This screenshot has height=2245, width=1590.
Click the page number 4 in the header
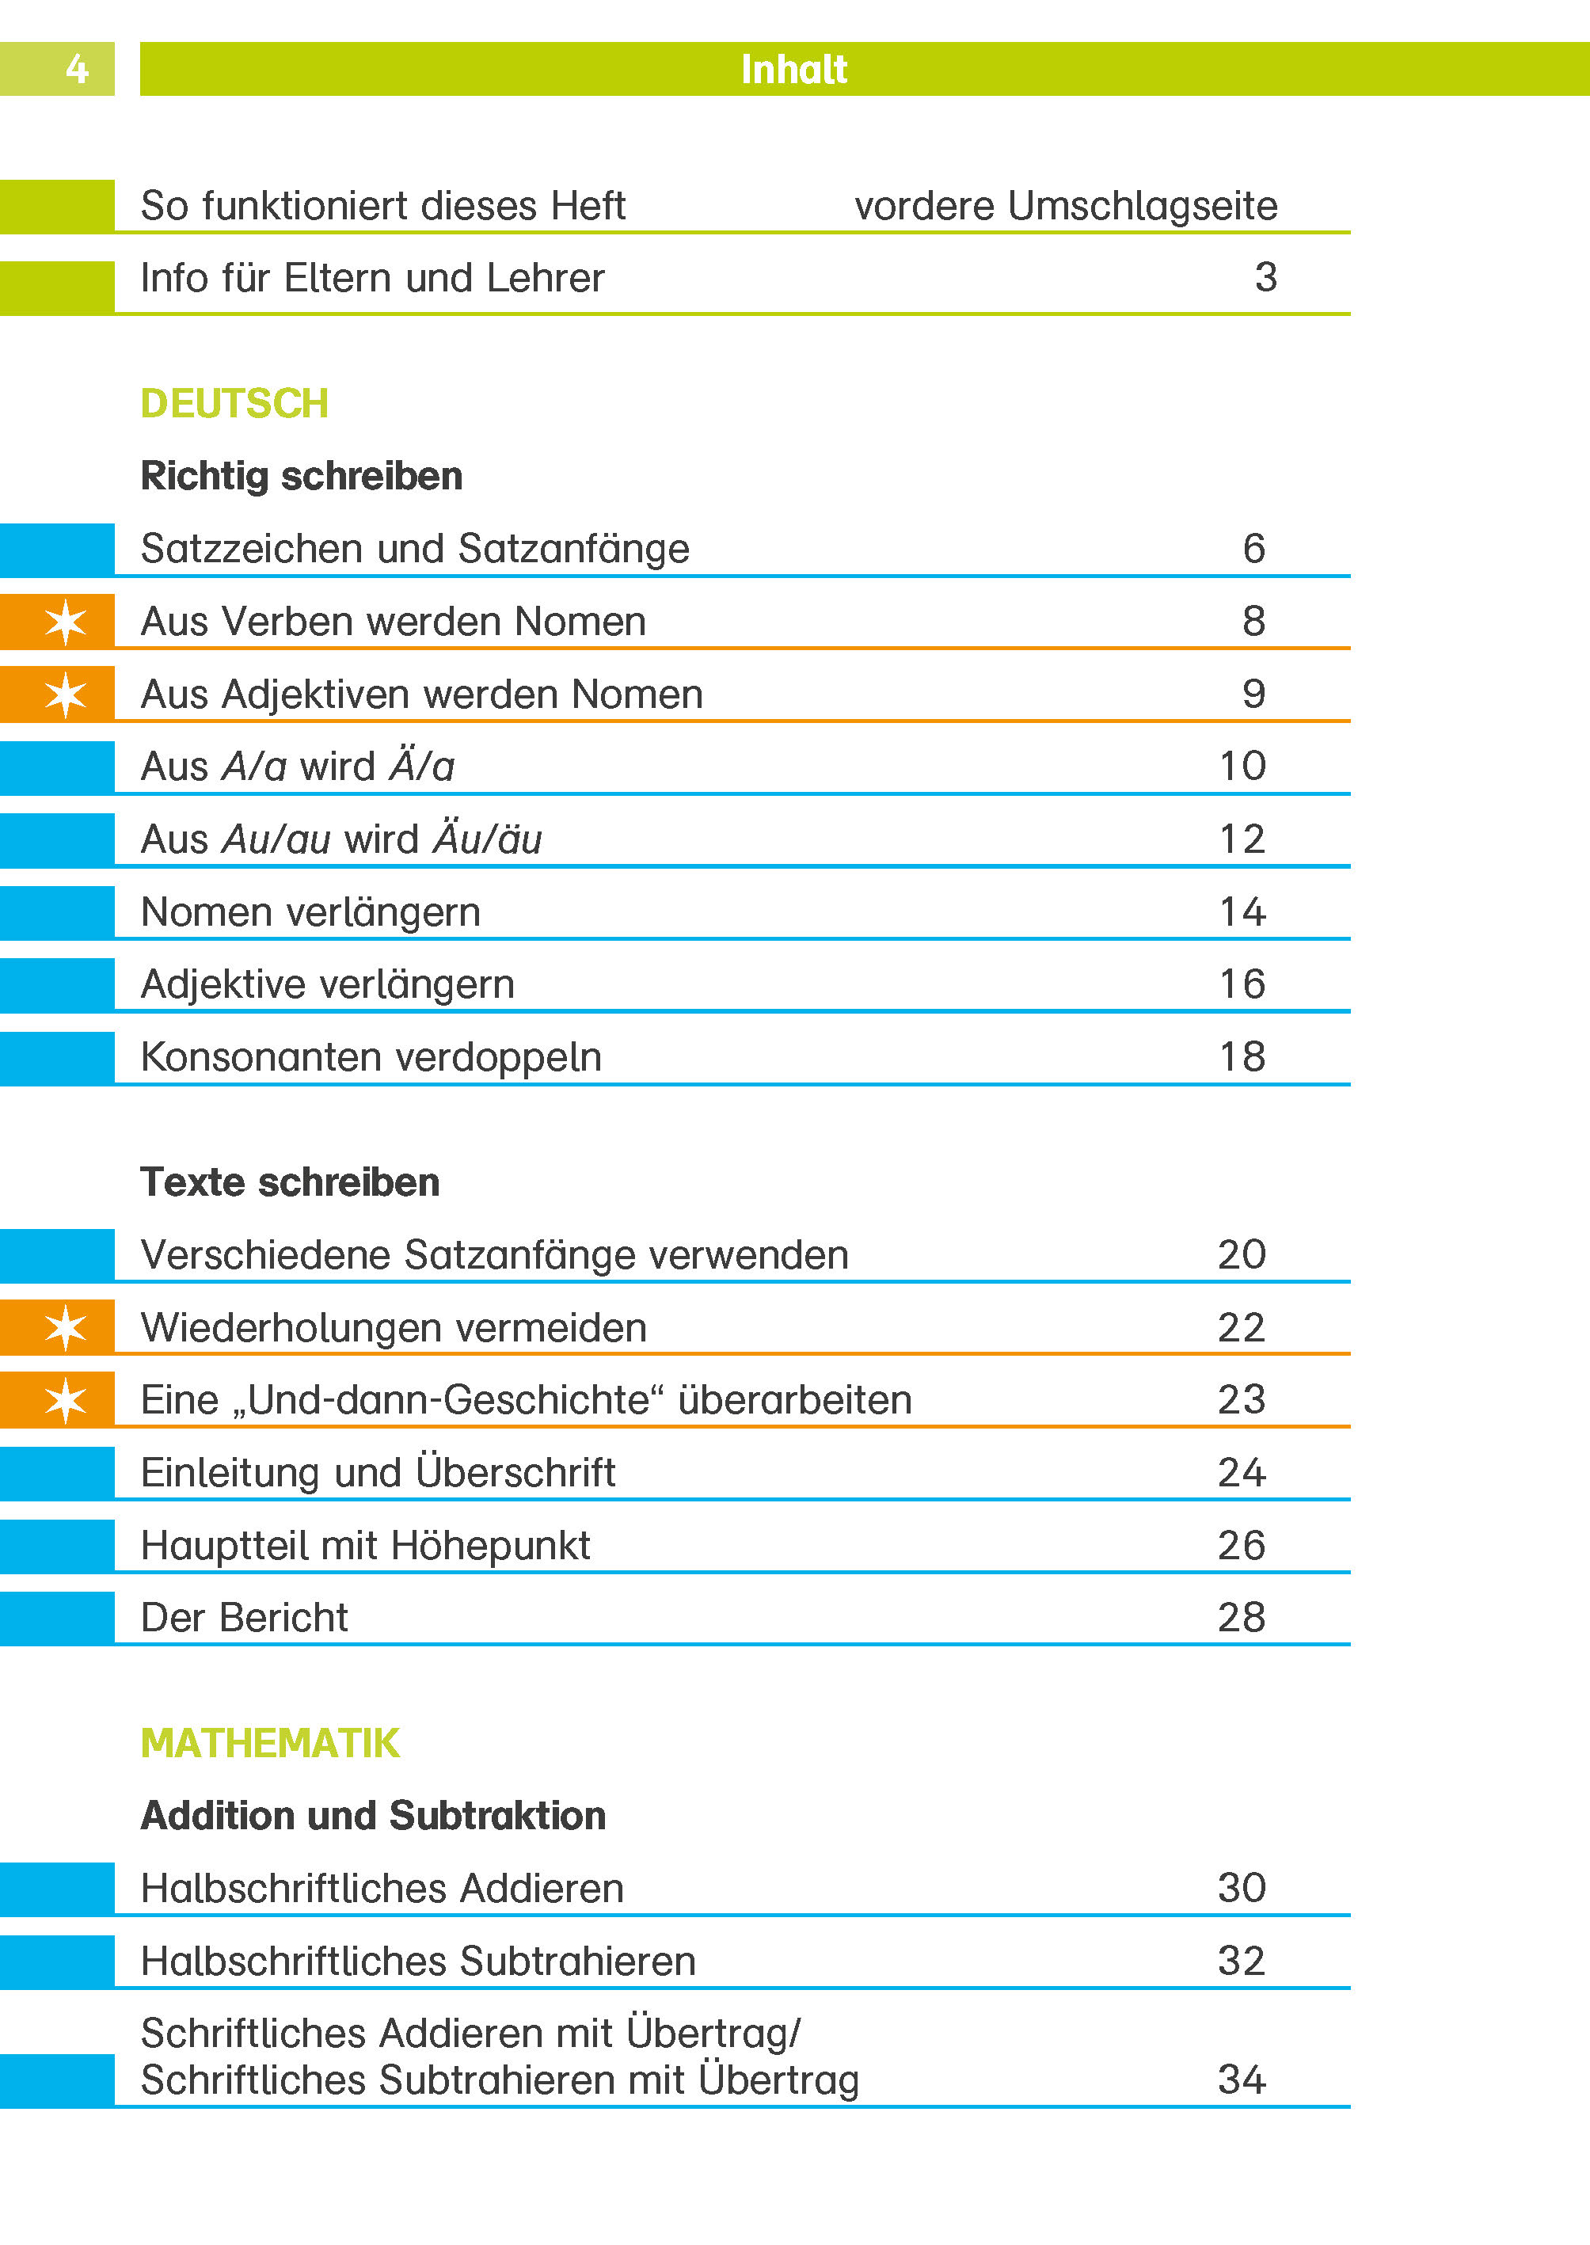click(76, 70)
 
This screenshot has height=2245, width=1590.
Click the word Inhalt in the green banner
click(793, 70)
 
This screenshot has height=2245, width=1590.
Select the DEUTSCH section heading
click(234, 403)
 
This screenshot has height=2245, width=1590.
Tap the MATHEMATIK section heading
click(269, 1743)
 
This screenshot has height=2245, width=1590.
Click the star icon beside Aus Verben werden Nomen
click(66, 622)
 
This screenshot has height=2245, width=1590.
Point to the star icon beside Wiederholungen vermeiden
click(66, 1328)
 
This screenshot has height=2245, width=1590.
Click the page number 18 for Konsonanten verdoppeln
click(1242, 1057)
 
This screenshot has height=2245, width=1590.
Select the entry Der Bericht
click(244, 1617)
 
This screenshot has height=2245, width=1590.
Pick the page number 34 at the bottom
click(1242, 2079)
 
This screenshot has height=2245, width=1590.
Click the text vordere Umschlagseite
click(1065, 207)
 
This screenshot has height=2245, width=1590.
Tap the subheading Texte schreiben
click(290, 1181)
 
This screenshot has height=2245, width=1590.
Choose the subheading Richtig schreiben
click(302, 476)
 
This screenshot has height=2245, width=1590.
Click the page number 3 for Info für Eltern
click(1265, 277)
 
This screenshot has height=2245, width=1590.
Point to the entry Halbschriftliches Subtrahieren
click(418, 1961)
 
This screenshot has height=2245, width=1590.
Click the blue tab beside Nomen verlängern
click(57, 912)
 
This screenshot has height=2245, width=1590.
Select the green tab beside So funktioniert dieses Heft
click(57, 207)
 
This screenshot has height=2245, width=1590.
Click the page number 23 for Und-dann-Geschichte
click(1242, 1399)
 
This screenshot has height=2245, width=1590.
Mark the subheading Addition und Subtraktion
click(373, 1815)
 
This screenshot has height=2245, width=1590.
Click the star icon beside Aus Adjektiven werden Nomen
click(66, 695)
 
